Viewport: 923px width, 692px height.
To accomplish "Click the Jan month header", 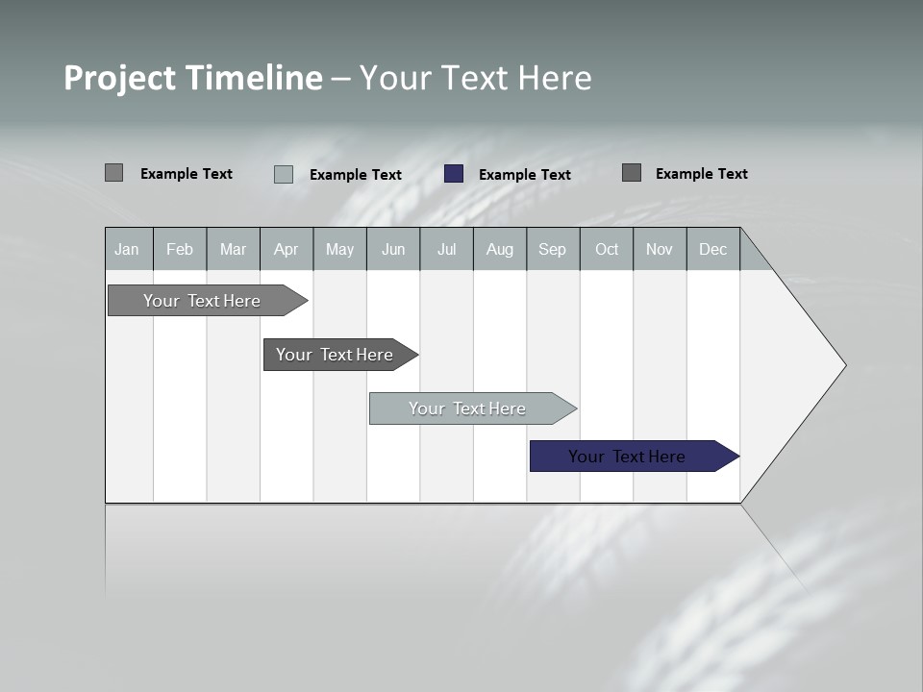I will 128,250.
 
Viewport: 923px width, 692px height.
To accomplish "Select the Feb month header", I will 180,250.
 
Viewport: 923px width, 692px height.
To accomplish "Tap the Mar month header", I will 233,250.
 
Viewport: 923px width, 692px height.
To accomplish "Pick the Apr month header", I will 286,250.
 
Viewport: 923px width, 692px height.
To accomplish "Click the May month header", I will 339,250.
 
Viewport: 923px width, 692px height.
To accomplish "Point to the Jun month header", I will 393,250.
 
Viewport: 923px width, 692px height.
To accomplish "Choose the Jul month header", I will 446,250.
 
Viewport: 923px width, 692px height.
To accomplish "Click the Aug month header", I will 499,250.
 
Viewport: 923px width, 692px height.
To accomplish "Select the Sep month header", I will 552,250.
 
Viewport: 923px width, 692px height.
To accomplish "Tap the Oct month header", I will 607,250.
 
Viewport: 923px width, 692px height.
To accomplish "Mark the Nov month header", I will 660,250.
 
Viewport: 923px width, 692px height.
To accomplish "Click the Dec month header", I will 712,250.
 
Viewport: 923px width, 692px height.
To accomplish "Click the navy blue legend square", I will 454,174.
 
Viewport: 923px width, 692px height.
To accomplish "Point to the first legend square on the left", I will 113,173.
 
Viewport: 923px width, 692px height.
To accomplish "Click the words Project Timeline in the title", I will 193,78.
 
